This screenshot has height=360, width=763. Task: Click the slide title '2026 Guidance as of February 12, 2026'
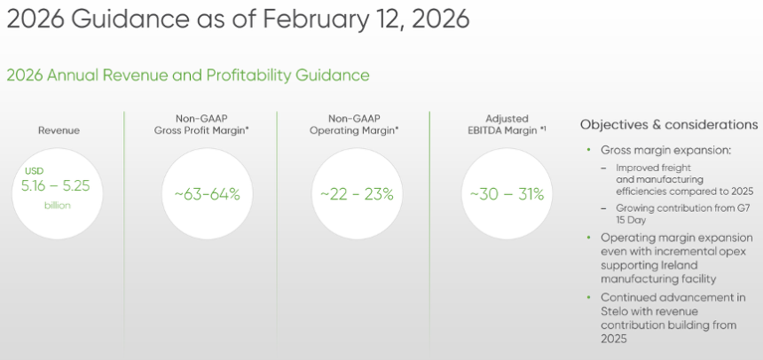[238, 20]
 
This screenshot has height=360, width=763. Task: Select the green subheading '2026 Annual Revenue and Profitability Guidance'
[188, 75]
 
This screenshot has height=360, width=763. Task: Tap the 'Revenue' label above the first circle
[59, 130]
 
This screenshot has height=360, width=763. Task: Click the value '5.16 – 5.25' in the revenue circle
[56, 186]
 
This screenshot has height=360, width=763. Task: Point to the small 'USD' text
[34, 171]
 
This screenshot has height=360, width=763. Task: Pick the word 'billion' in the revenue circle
[58, 206]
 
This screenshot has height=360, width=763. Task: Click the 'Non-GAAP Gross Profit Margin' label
[201, 124]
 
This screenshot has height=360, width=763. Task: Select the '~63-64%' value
[208, 194]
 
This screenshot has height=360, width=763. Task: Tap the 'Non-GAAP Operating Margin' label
[354, 124]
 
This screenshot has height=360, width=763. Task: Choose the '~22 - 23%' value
[357, 194]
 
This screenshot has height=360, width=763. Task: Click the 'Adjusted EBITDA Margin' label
[507, 124]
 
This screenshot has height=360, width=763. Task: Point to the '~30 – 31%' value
[507, 194]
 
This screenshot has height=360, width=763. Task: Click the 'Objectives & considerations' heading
[669, 125]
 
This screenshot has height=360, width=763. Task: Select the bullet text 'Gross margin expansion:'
[666, 150]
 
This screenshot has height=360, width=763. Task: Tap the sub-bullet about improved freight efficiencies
[685, 179]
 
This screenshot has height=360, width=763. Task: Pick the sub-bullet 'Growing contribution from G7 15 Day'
[683, 214]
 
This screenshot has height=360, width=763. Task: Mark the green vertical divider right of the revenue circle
[124, 233]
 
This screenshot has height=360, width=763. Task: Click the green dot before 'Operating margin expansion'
[589, 238]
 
